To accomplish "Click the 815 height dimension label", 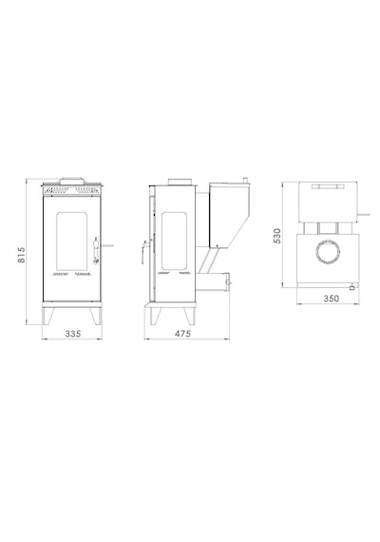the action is coord(22,255).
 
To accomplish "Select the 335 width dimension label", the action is coord(73,334).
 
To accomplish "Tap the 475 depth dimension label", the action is coord(182,334).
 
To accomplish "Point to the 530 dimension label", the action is coord(277,236).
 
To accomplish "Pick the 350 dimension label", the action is coord(332,299).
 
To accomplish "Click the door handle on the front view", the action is coord(96,251).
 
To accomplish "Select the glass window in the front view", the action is coord(72,242).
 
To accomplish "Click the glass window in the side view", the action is coord(175,241).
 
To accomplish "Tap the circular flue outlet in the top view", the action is coord(328,252).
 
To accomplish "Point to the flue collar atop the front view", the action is coord(72,181).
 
